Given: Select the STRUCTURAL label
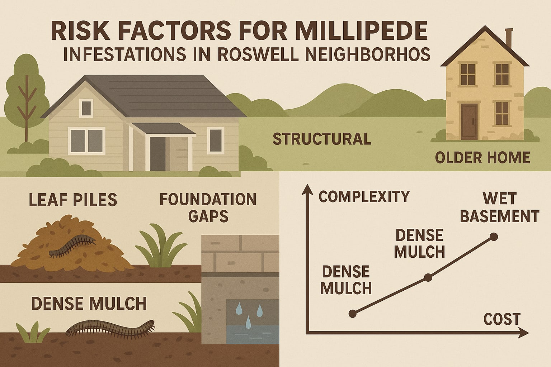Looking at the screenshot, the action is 322,139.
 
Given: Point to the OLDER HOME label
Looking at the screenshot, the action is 482,158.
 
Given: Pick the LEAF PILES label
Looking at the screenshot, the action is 73,200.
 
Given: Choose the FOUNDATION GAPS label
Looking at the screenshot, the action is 208,208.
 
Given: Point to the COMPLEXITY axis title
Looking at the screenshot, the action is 364,196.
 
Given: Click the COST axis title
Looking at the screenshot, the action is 502,319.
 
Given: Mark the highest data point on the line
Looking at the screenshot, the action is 494,237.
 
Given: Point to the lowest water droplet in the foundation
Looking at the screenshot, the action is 248,324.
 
